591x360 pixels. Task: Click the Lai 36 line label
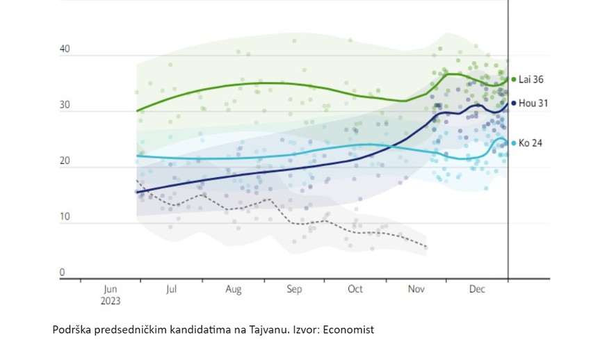531,80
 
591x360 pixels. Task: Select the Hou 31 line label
532,103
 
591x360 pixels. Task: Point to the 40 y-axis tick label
65,50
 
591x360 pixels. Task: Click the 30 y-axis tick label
65,106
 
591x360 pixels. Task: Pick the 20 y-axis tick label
65,161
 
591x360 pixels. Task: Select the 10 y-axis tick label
65,218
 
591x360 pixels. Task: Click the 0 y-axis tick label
62,273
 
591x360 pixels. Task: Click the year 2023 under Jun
111,301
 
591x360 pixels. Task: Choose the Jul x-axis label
171,289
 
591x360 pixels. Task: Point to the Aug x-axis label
233,289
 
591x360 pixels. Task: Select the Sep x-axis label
294,289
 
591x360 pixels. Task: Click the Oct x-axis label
355,289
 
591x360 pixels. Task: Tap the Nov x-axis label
416,289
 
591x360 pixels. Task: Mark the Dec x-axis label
478,289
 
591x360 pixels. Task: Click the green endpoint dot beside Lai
513,80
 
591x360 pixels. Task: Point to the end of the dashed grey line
427,247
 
